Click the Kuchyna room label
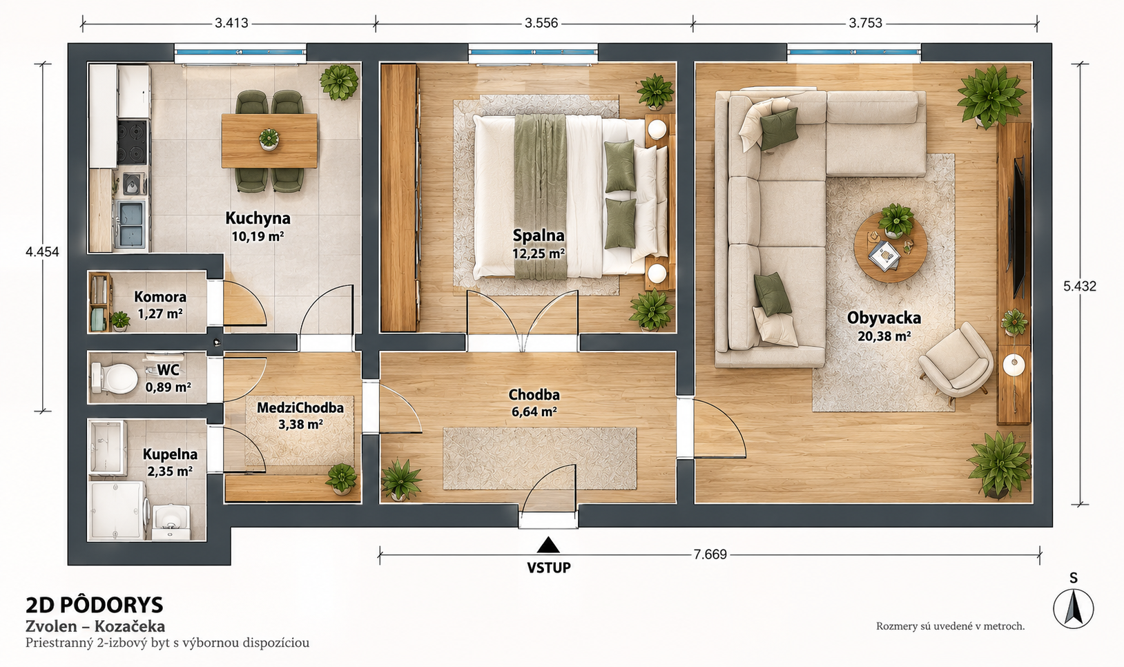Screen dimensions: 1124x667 click(x=258, y=218)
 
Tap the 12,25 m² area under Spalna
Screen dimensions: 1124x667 click(x=539, y=253)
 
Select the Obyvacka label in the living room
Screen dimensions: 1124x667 click(x=884, y=318)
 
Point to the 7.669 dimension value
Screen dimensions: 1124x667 click(x=710, y=554)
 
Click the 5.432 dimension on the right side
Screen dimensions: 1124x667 click(x=1080, y=286)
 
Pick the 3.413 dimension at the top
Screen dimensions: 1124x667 click(x=231, y=23)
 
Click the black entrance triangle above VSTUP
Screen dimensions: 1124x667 click(x=548, y=545)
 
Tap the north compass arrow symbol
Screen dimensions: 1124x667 click(x=1073, y=608)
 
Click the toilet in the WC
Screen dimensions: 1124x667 click(x=114, y=378)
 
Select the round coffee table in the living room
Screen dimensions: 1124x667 click(x=891, y=247)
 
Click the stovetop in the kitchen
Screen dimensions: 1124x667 click(x=133, y=142)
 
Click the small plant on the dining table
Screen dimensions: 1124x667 click(x=269, y=139)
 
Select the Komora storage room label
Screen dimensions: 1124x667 click(x=160, y=297)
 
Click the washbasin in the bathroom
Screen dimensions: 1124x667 click(x=171, y=521)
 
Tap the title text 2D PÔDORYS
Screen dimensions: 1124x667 click(x=95, y=606)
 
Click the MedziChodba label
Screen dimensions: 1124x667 click(x=300, y=407)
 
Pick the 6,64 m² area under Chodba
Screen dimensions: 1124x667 click(x=534, y=412)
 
